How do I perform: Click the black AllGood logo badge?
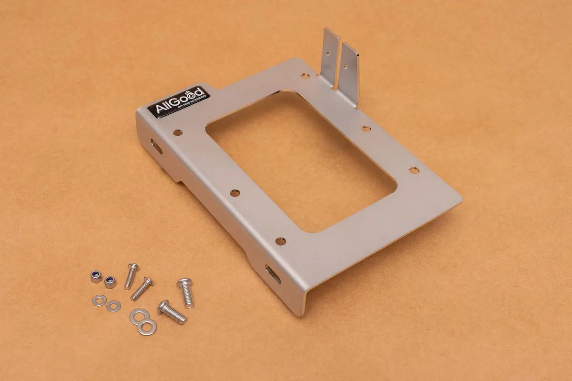(179, 100)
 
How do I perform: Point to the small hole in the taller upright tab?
(328, 53)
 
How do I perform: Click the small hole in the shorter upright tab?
(345, 67)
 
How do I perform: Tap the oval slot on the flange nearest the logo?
(156, 146)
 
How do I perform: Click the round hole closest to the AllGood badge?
(178, 133)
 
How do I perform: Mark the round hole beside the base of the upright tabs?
(305, 76)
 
